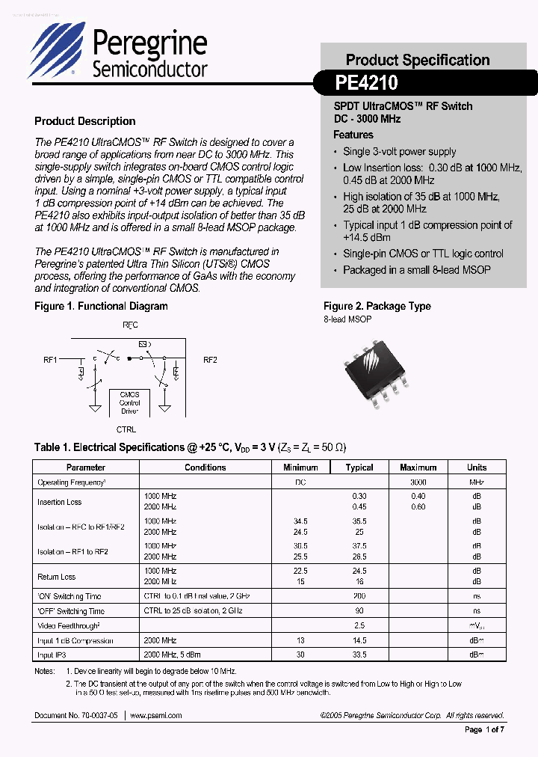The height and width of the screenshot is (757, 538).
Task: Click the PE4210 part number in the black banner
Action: pos(367,82)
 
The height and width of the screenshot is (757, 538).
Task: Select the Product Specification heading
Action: pos(418,60)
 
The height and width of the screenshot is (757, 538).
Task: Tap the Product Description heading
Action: pos(85,121)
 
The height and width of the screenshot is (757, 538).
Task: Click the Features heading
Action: pos(353,135)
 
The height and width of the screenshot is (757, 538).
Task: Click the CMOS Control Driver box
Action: pos(129,402)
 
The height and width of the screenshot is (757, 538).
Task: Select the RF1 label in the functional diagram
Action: pos(50,360)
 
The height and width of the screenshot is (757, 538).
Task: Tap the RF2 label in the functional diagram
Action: pos(210,360)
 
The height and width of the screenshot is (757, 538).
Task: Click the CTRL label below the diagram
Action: pos(126,430)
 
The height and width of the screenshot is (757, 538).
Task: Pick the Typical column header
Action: pos(359,468)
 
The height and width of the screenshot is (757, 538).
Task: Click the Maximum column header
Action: pos(418,468)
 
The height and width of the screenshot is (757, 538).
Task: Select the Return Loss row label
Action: pos(57,577)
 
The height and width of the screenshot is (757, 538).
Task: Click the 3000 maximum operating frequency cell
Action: pos(418,483)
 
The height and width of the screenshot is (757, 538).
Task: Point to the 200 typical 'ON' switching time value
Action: pos(359,596)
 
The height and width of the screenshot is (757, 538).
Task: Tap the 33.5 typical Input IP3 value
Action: pos(359,655)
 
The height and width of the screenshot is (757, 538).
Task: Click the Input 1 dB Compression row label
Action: pos(75,640)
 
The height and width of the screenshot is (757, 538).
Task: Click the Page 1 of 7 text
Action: pos(485,729)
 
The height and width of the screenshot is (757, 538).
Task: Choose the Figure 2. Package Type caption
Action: pos(377,306)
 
